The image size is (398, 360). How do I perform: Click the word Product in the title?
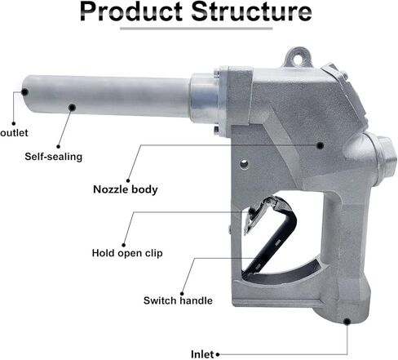[131, 11]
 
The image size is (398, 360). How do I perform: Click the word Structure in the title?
[251, 11]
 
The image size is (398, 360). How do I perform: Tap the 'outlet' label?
[14, 133]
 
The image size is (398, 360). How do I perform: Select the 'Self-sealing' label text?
[54, 157]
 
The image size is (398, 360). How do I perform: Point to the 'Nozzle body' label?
[126, 189]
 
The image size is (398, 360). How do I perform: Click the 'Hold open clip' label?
[127, 253]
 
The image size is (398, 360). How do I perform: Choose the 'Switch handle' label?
[178, 300]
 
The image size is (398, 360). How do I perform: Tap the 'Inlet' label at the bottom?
[202, 354]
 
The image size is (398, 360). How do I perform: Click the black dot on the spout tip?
[24, 92]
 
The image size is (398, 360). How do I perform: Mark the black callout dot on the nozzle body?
[321, 145]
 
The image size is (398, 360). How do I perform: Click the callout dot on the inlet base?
[347, 322]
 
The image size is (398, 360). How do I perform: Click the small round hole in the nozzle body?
[244, 164]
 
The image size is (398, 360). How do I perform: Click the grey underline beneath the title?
[197, 29]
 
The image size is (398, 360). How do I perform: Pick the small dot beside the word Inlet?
[218, 354]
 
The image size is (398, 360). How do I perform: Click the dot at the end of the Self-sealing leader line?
[59, 147]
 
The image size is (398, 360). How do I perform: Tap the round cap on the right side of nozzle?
[381, 161]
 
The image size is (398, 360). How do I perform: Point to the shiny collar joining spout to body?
[204, 98]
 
